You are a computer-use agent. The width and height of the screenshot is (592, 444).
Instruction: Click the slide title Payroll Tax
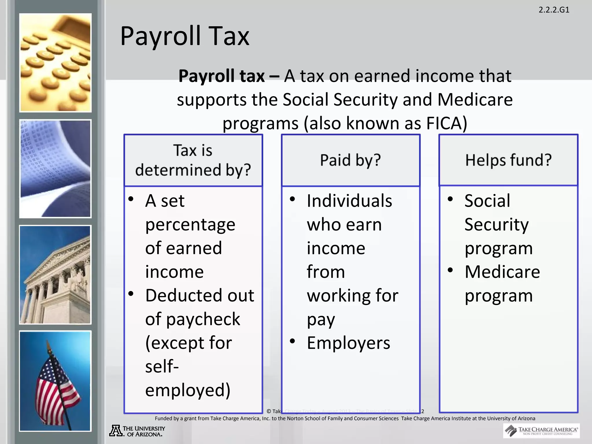coord(184,36)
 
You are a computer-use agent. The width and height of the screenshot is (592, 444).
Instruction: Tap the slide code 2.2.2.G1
coord(554,10)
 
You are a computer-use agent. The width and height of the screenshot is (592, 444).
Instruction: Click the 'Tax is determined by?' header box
coord(193,160)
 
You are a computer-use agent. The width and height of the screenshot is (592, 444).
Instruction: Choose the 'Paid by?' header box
coord(350,160)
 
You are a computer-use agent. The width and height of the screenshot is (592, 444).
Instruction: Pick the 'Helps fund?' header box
coord(508,160)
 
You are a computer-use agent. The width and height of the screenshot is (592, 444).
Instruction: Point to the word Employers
coord(348,343)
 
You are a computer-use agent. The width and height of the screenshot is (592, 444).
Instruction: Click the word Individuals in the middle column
coord(349,201)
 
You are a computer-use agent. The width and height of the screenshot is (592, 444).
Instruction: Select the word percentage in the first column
coord(190,225)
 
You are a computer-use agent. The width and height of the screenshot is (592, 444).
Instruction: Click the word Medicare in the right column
coord(502,272)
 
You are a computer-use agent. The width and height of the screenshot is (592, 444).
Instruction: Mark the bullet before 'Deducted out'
coord(131,294)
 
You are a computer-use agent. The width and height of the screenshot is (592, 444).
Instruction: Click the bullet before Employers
coord(293,341)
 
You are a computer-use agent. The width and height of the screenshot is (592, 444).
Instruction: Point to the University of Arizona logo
coord(137,431)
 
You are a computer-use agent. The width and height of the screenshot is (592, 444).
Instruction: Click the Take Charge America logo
coord(541,431)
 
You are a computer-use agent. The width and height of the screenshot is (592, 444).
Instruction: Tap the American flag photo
coord(55,381)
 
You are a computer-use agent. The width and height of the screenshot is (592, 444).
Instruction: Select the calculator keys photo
coord(55,63)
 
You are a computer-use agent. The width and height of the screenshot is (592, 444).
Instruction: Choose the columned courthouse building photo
coord(55,275)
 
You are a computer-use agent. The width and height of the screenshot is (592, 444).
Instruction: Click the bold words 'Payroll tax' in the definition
coord(221,76)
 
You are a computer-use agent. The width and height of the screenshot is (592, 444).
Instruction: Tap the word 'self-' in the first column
coord(162,367)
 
